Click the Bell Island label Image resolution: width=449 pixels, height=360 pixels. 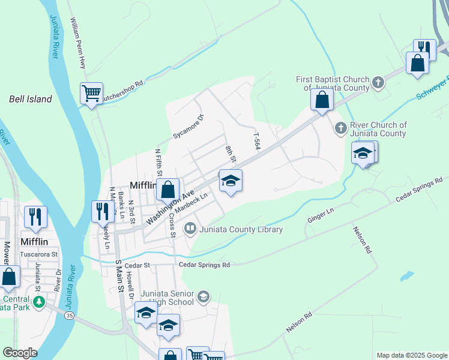31,99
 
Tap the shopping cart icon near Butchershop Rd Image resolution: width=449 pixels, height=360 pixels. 91,94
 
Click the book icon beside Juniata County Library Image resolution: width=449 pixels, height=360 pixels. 190,229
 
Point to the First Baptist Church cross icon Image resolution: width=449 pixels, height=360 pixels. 378,82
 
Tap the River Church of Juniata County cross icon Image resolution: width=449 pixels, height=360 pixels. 340,128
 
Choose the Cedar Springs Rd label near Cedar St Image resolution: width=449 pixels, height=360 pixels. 204,265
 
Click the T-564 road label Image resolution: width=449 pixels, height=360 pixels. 258,142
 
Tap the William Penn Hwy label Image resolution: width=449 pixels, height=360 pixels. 79,42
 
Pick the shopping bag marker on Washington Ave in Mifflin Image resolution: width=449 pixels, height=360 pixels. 169,190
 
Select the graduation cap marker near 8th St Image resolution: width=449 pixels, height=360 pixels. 231,181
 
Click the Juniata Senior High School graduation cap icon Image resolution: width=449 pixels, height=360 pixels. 203,296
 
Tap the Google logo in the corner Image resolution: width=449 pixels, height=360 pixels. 20,353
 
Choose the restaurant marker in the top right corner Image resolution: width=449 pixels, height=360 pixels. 424,48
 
